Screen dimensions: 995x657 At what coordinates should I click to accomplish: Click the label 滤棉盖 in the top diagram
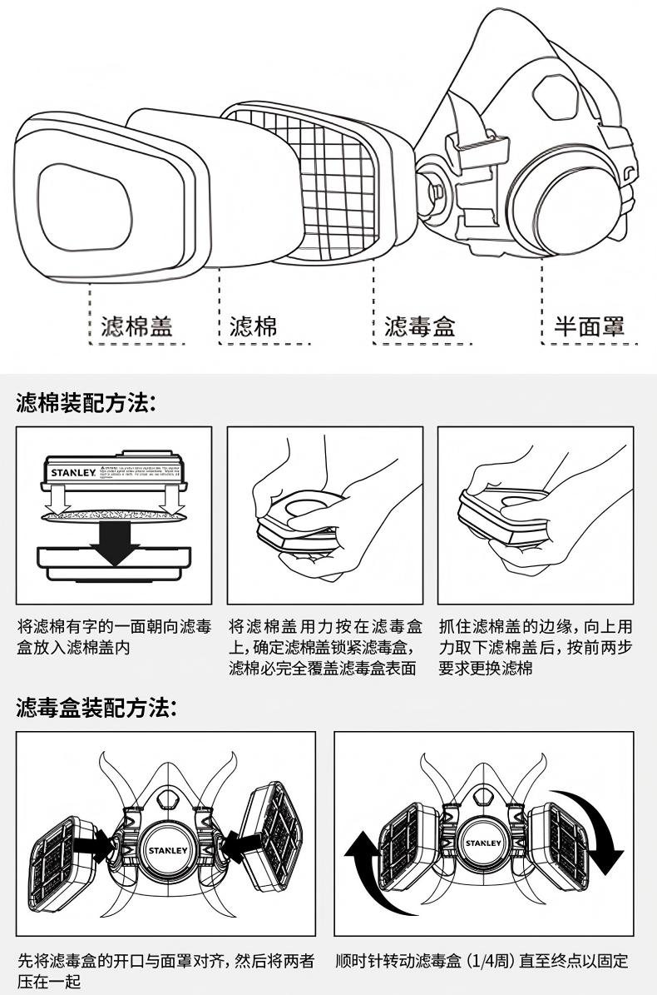tap(137, 326)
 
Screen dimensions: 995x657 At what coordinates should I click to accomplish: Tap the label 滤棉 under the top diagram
tap(253, 326)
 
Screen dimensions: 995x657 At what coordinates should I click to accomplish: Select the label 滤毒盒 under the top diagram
tap(419, 326)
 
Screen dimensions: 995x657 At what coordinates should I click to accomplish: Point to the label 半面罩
tap(589, 326)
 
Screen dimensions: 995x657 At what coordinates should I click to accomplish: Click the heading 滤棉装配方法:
tap(86, 404)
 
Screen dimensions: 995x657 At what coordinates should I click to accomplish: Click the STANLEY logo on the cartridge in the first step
tap(72, 472)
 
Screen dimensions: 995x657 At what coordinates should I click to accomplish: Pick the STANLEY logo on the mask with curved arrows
tap(483, 843)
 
